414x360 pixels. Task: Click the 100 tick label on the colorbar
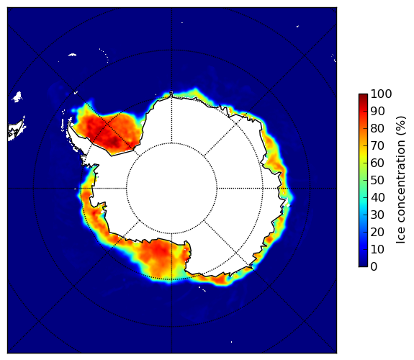click(x=382, y=94)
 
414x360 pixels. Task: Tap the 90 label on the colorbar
click(x=377, y=111)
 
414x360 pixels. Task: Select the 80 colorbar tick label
click(x=377, y=128)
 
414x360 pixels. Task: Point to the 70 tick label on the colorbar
click(x=377, y=145)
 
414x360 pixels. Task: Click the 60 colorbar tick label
click(x=377, y=163)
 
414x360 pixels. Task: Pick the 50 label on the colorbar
click(x=377, y=181)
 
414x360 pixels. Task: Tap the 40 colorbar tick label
click(x=377, y=197)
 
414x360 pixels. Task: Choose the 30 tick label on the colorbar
click(x=377, y=215)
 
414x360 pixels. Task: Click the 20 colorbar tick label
click(x=377, y=232)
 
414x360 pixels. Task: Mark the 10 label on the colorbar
click(x=377, y=249)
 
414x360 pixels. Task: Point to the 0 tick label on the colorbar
click(x=374, y=267)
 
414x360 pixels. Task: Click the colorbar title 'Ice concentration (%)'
click(x=401, y=180)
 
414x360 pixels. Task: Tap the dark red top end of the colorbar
click(x=363, y=96)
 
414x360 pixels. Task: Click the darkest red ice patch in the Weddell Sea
click(x=114, y=142)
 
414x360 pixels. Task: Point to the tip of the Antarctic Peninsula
click(x=69, y=122)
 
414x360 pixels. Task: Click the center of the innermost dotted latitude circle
click(x=171, y=189)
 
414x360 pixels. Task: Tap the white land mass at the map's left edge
click(x=15, y=131)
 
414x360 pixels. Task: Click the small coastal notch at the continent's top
click(x=171, y=94)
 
